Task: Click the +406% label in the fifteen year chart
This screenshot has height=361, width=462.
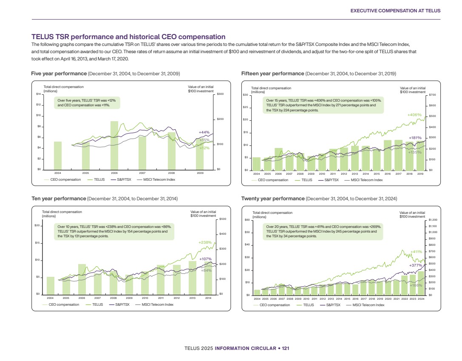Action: (414, 115)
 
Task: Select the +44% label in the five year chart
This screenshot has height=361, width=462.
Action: (204, 132)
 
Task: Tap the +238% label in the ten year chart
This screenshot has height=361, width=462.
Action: (205, 242)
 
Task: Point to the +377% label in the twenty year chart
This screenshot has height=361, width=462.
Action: (415, 265)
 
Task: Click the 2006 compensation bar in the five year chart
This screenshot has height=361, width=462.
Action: (114, 145)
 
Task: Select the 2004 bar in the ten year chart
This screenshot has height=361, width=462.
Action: (51, 285)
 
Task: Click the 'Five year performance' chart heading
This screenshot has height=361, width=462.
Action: (59, 74)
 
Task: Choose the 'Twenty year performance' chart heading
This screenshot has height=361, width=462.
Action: (273, 199)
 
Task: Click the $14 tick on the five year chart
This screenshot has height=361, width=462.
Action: (38, 94)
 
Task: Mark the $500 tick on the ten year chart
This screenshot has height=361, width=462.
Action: (223, 219)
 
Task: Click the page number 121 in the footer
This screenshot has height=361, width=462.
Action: (286, 349)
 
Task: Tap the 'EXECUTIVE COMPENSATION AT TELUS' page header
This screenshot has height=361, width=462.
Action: (395, 10)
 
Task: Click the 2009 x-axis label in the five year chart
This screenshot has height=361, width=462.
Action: (200, 173)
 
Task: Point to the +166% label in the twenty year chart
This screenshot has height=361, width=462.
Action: (416, 285)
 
